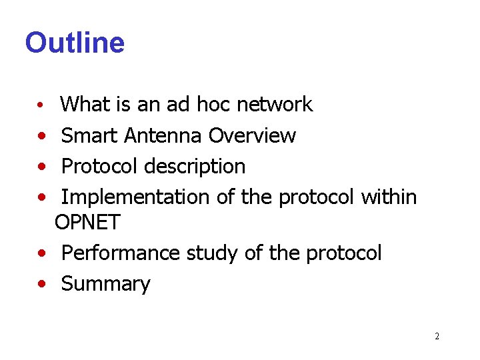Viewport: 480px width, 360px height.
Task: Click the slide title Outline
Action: (75, 43)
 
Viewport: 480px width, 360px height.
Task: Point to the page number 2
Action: (437, 336)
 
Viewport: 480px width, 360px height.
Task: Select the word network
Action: (275, 105)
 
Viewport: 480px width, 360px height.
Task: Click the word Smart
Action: (89, 135)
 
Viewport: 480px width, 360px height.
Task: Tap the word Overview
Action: (252, 135)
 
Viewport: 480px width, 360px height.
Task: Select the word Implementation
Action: (135, 197)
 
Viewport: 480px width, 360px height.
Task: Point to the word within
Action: (389, 197)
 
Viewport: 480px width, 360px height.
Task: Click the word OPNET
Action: (87, 223)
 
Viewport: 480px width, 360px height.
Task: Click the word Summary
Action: (106, 284)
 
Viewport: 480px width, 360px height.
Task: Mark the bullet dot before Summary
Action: (42, 285)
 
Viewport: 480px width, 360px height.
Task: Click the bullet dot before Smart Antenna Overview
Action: (42, 136)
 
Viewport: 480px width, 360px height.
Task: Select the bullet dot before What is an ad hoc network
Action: (41, 106)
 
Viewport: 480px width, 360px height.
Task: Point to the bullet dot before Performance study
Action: (42, 254)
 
